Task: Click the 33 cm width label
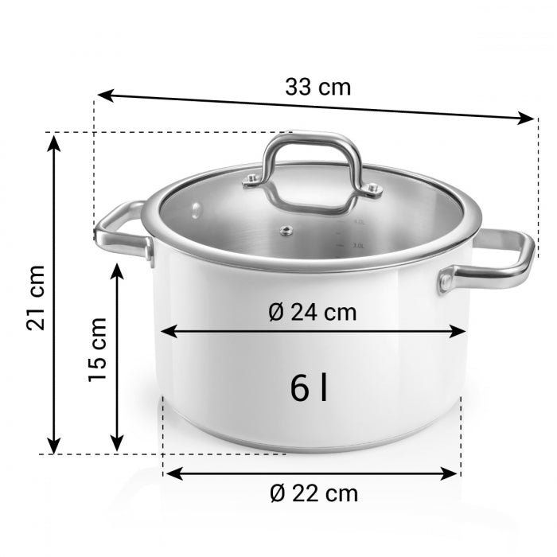tap(317, 87)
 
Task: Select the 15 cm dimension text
tap(96, 349)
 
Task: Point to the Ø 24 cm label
tap(313, 312)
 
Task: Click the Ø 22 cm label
tap(313, 493)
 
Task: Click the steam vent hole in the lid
tap(283, 232)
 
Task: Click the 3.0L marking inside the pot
tap(359, 246)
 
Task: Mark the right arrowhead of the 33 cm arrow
tap(528, 119)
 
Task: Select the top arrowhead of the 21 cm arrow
tap(53, 142)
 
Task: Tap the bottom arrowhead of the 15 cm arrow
tap(117, 444)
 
